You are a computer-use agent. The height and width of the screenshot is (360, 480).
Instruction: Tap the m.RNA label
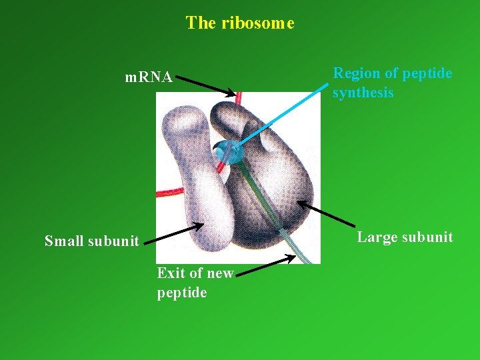149,77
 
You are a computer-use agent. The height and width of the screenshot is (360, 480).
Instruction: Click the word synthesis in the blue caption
363,93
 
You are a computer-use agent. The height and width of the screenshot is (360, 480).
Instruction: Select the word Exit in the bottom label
171,273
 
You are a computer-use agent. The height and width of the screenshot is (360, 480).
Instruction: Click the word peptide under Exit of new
182,293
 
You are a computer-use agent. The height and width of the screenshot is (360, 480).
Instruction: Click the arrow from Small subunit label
173,234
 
